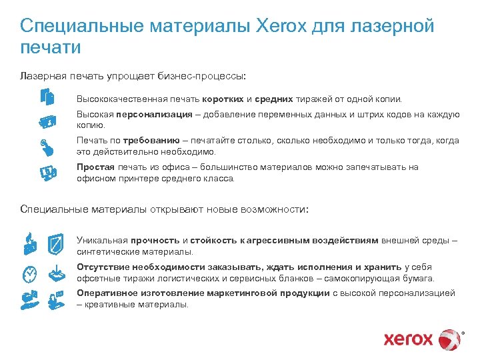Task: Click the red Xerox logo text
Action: (408, 339)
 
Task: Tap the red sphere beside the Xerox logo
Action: (451, 339)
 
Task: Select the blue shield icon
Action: (56, 241)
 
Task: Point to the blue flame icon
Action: (29, 241)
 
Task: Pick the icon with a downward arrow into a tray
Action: (56, 273)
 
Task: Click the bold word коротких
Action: (223, 99)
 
